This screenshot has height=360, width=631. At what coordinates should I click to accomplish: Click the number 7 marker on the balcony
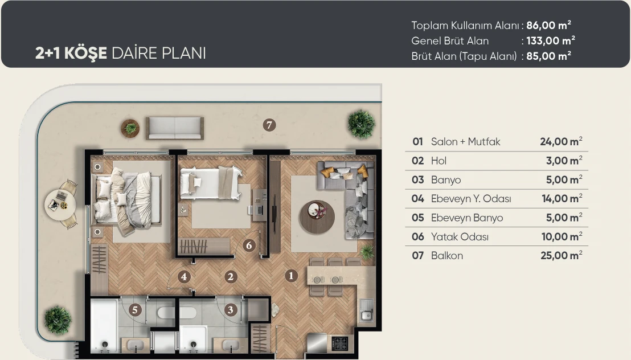(x=269, y=125)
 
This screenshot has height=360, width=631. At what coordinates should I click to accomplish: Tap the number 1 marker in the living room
(x=291, y=276)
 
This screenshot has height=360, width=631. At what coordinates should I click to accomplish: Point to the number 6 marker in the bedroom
(x=249, y=246)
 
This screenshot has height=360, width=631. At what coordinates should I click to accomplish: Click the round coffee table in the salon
(x=317, y=216)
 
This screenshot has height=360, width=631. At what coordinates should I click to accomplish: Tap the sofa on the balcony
(x=175, y=128)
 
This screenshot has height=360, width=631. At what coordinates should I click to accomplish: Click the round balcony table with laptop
(x=60, y=204)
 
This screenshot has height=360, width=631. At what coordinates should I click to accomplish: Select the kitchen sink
(x=366, y=310)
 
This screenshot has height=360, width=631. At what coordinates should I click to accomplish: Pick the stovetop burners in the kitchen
(x=340, y=344)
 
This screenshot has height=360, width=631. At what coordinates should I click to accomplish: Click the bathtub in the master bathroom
(x=104, y=325)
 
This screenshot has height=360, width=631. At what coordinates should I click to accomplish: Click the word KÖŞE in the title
(x=85, y=53)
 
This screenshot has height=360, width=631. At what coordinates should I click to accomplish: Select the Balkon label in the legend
(x=446, y=256)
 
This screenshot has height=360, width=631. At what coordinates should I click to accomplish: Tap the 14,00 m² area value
(x=562, y=199)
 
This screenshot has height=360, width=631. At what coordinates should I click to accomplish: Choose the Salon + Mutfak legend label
(x=466, y=142)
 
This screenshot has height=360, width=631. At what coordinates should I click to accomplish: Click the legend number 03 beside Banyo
(x=417, y=179)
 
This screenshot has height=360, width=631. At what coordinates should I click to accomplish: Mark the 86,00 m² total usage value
(x=548, y=25)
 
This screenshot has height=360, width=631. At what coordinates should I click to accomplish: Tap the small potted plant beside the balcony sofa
(x=130, y=129)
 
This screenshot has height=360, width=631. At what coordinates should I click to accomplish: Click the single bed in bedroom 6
(x=211, y=183)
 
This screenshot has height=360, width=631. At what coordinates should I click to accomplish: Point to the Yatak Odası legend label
(x=460, y=237)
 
